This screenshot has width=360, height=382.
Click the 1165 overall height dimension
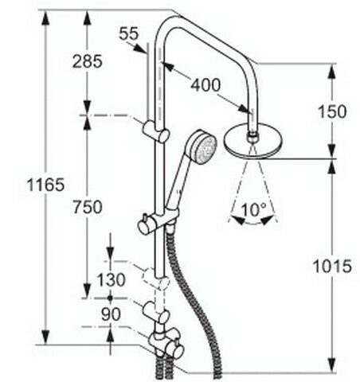point(45,185)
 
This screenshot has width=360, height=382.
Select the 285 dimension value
point(88,61)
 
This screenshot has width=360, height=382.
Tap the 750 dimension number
point(88,207)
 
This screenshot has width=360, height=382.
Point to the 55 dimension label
point(129,33)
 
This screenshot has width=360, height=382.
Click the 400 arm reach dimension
point(205,85)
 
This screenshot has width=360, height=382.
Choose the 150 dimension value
point(332,111)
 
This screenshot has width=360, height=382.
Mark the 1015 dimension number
point(332,266)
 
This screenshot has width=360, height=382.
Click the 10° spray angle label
point(254,209)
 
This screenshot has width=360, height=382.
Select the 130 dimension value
point(111,280)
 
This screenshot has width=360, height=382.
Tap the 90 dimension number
point(111,314)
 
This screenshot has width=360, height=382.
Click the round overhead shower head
point(254,142)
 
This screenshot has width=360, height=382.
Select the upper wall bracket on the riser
point(156,131)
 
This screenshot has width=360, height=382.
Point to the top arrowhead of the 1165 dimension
point(46,18)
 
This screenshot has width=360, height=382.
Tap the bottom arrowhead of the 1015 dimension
point(332,365)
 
